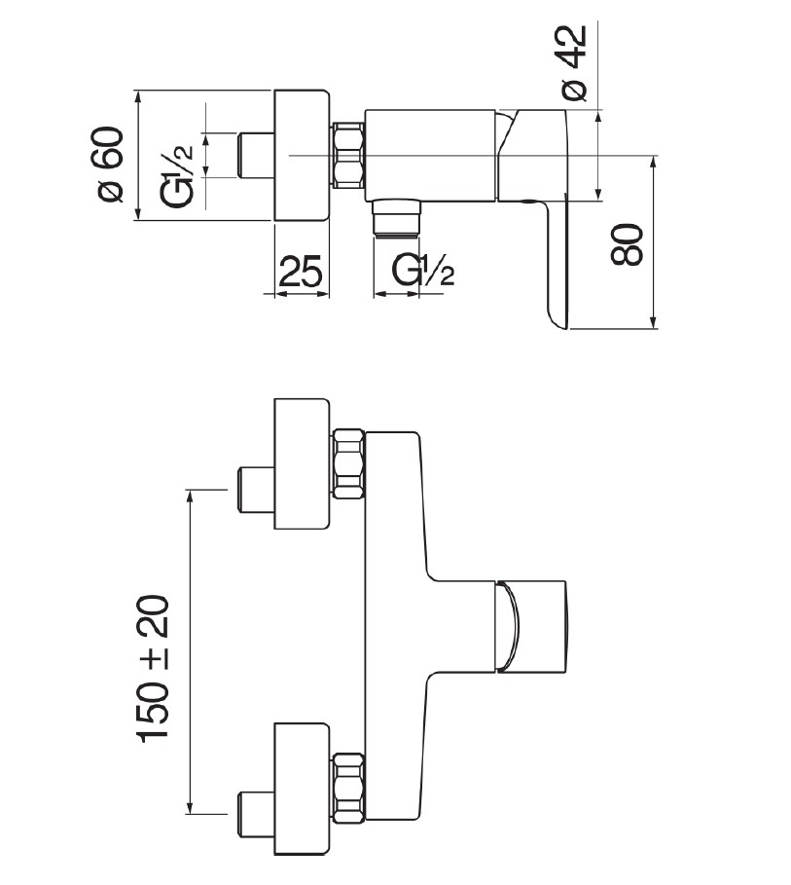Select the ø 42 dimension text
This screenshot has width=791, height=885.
[573, 62]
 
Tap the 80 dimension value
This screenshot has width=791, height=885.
[629, 244]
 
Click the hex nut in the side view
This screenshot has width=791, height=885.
[349, 156]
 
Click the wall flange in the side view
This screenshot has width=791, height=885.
[304, 156]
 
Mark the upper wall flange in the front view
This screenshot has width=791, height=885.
[304, 463]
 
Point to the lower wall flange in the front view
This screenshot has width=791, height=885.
[304, 790]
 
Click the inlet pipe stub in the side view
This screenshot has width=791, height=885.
[257, 156]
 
